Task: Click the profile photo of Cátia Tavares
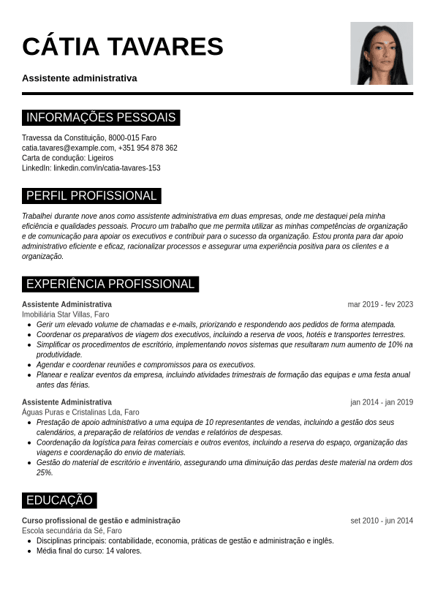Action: coord(381,53)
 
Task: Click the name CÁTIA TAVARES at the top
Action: coord(123,47)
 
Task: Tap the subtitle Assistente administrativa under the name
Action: coord(79,78)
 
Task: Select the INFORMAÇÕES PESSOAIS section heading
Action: coord(101,118)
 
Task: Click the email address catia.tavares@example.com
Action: coord(68,148)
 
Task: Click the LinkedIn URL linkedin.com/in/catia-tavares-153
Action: coord(107,168)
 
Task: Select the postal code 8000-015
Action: coord(124,137)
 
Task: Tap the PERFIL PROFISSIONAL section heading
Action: coord(91,196)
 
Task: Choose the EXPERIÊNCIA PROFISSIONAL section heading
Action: coord(110,284)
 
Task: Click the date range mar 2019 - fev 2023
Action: coord(380,305)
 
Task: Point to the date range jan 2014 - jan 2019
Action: coord(382,402)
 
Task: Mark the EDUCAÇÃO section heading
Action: coord(59,501)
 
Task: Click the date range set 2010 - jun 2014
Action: coord(382,521)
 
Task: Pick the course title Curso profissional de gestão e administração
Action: coord(101,521)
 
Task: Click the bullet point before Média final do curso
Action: coord(29,551)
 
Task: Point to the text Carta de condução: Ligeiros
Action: coord(67,158)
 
